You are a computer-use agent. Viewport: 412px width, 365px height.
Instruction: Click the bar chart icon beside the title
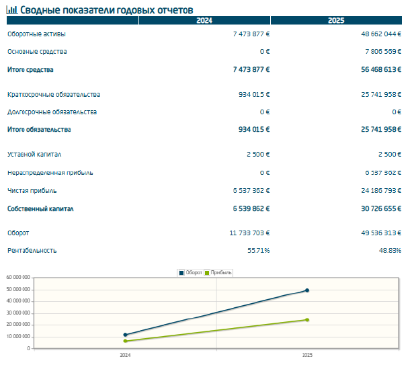[12, 10]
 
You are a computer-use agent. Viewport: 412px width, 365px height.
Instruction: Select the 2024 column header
[204, 20]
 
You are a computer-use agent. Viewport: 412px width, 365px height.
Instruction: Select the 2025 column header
[336, 20]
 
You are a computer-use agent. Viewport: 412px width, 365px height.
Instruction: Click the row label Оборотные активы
[36, 34]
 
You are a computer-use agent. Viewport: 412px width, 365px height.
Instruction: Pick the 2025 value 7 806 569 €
[383, 52]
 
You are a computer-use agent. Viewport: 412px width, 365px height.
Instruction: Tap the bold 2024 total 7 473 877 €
[251, 70]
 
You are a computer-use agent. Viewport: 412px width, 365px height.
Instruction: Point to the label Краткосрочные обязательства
[54, 95]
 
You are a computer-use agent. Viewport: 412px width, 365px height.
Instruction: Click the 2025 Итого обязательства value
[381, 130]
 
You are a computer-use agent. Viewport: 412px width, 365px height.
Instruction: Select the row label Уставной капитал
[34, 155]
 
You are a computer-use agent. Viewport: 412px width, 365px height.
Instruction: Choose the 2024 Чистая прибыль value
[251, 191]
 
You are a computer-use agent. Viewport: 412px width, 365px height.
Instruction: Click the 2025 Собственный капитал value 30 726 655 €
[381, 208]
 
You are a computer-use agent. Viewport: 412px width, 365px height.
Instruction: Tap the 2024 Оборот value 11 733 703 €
[249, 233]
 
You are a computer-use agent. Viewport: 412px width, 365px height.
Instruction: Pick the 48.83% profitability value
[390, 251]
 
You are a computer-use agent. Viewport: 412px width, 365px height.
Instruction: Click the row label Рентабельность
[32, 251]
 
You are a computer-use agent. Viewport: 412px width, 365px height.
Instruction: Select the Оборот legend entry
[190, 273]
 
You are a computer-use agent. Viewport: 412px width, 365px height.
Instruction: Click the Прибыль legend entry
[218, 273]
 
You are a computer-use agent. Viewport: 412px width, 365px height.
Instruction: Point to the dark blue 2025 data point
[307, 290]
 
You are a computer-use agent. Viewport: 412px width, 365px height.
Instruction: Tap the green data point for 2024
[125, 341]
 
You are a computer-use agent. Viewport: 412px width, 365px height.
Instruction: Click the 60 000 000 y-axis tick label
[18, 278]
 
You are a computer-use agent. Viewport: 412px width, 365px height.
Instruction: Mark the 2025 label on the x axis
[307, 356]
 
